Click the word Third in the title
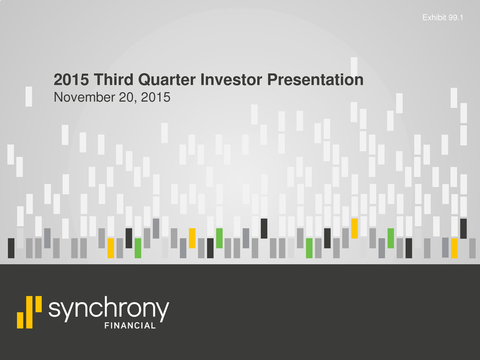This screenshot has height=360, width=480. point(113,80)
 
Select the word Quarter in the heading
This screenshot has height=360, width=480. point(167,80)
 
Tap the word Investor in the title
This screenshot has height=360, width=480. point(231,80)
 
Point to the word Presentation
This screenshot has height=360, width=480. point(315,80)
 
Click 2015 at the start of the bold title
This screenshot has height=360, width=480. point(71,80)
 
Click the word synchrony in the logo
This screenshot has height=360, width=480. point(109,308)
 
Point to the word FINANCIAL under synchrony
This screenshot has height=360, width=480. point(130,325)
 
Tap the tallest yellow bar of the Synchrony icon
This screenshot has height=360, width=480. point(30,312)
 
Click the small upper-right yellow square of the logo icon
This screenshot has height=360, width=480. point(39,304)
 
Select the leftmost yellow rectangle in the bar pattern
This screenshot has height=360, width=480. point(111,248)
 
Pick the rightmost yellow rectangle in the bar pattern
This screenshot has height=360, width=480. point(454,248)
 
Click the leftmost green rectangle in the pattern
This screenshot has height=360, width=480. point(138,248)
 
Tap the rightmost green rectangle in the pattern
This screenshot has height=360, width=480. point(391,238)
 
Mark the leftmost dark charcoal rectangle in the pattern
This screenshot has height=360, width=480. point(11,248)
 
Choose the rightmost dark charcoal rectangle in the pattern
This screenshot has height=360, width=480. point(464,228)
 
